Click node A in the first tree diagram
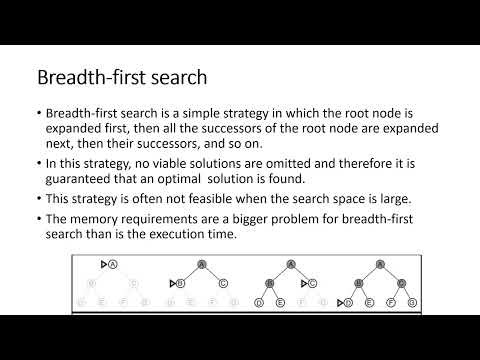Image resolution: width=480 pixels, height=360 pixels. pyautogui.click(x=113, y=265)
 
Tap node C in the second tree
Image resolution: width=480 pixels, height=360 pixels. pyautogui.click(x=222, y=283)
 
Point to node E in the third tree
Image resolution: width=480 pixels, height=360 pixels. pyautogui.click(x=281, y=301)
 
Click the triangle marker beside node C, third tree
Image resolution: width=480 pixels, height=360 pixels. pyautogui.click(x=302, y=283)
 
